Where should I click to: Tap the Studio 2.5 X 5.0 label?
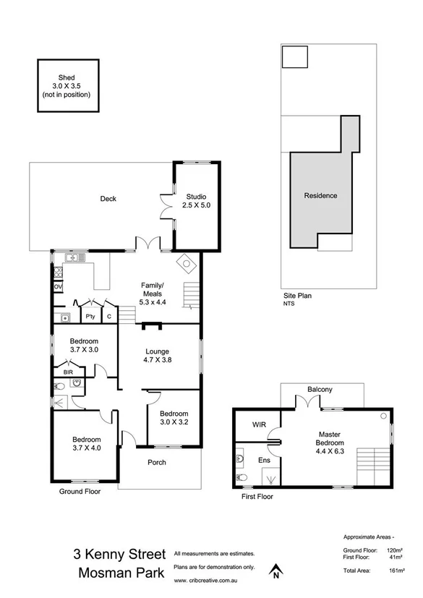pyautogui.click(x=196, y=201)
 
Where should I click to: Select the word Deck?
pyautogui.click(x=108, y=199)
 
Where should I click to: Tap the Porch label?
pyautogui.click(x=157, y=462)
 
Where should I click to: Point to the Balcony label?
pyautogui.click(x=320, y=390)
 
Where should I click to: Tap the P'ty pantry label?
pyautogui.click(x=91, y=317)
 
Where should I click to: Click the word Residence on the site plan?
pyautogui.click(x=320, y=195)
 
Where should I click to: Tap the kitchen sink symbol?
pyautogui.click(x=72, y=258)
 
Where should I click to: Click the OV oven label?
pyautogui.click(x=58, y=287)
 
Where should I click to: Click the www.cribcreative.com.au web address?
pyautogui.click(x=206, y=581)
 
